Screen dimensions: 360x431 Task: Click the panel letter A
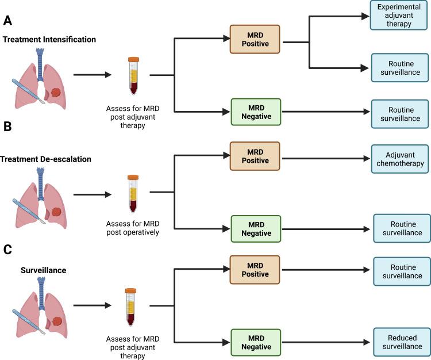pos(7,21)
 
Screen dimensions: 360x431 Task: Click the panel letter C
pos(7,250)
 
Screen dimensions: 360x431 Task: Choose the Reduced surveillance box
pos(402,342)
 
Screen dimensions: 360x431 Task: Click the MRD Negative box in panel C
pos(256,343)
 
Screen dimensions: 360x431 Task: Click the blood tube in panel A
pos(134,75)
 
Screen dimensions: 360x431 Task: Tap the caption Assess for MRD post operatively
pos(134,228)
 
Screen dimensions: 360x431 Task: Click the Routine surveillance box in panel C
pos(402,271)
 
